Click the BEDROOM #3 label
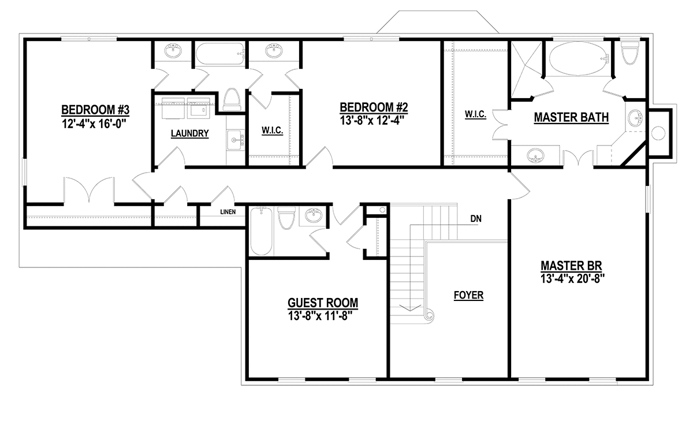[x=95, y=110]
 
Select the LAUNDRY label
[x=189, y=133]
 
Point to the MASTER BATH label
[x=571, y=118]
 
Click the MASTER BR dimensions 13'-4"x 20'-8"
[x=572, y=279]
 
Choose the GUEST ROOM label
[x=323, y=303]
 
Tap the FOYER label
[x=468, y=295]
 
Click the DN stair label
[x=476, y=219]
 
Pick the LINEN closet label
[x=228, y=212]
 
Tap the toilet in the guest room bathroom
[x=286, y=218]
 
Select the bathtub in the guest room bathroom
[x=261, y=231]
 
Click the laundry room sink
[x=235, y=140]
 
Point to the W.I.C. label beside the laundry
[x=272, y=131]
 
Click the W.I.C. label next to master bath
[x=475, y=114]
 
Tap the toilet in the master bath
[x=630, y=53]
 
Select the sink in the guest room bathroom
[x=314, y=215]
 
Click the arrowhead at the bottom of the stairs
[x=410, y=308]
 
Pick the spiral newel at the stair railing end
[x=429, y=315]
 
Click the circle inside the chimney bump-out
[x=658, y=133]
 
